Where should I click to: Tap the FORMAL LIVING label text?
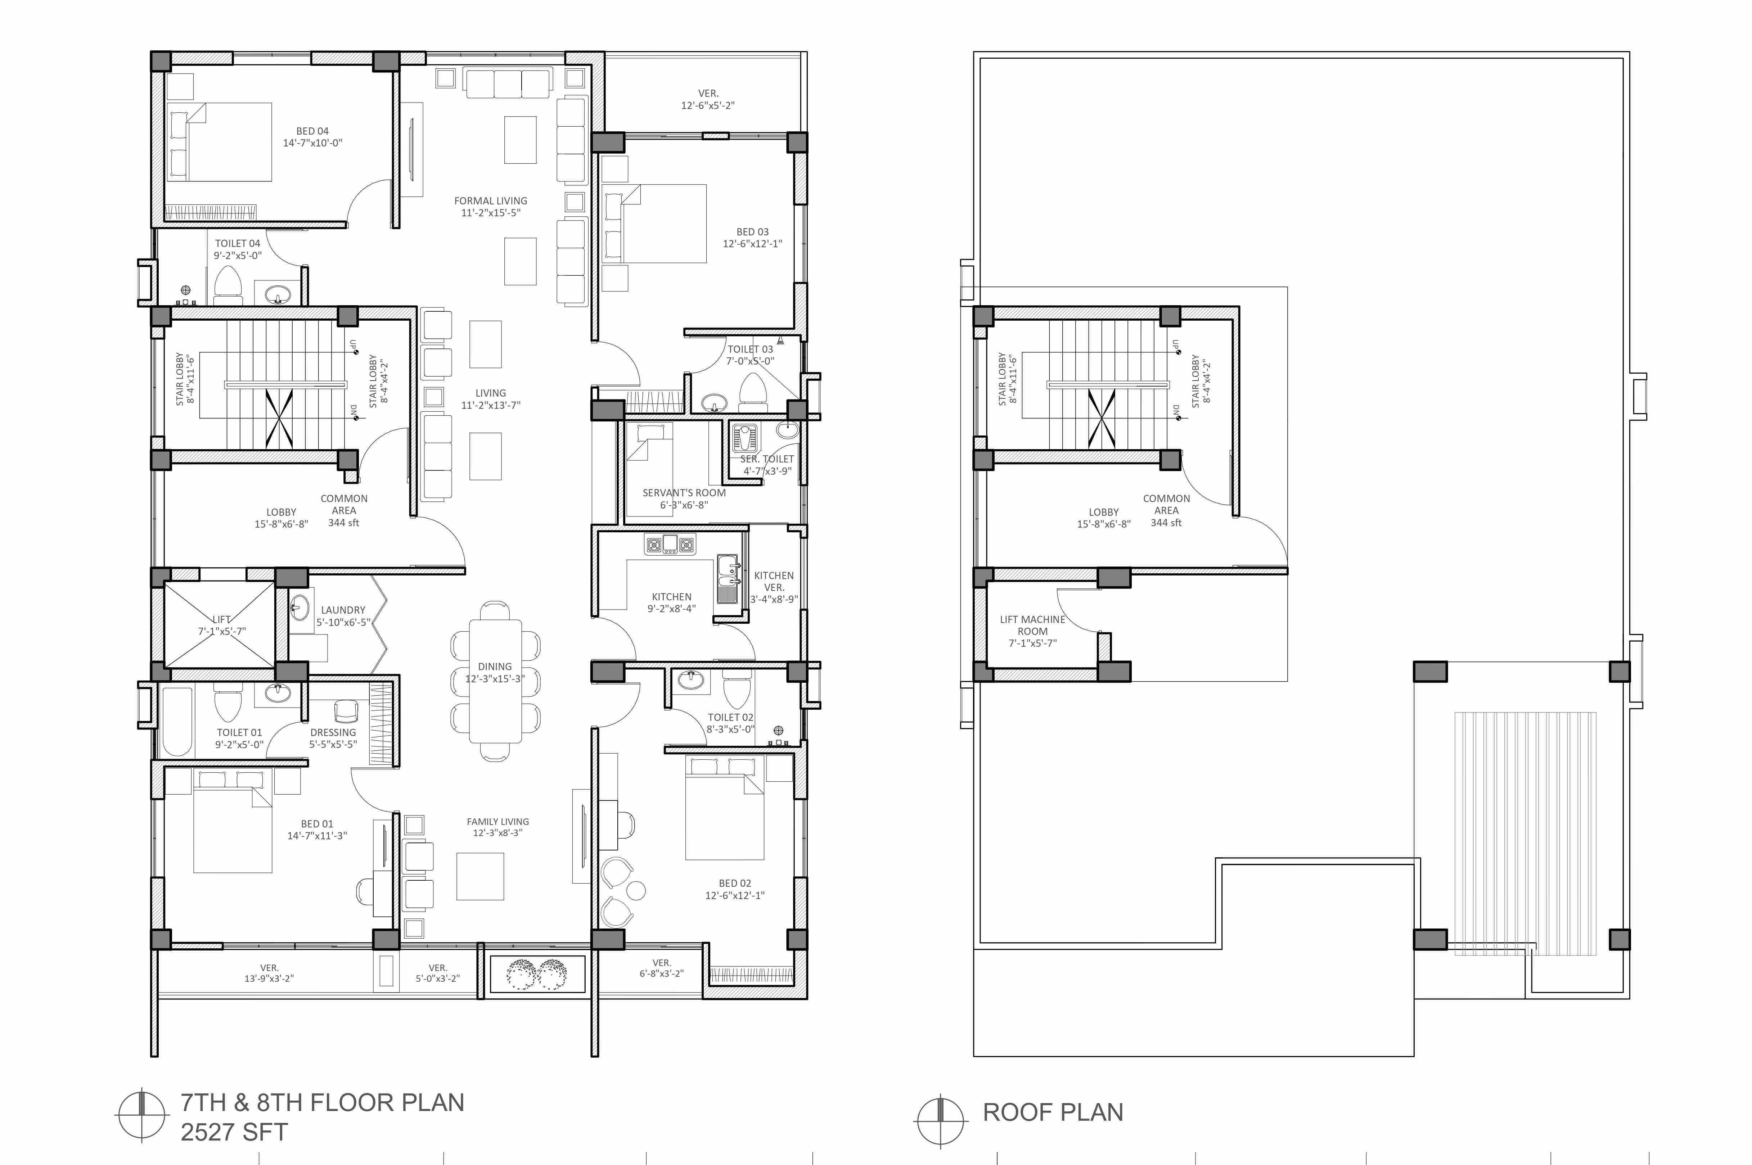coord(490,200)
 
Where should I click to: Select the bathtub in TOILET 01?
coord(177,721)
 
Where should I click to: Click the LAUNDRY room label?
coord(343,610)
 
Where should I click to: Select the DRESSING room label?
coord(333,733)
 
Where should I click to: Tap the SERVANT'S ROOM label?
coord(684,493)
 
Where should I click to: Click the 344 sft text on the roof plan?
coord(1166,523)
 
